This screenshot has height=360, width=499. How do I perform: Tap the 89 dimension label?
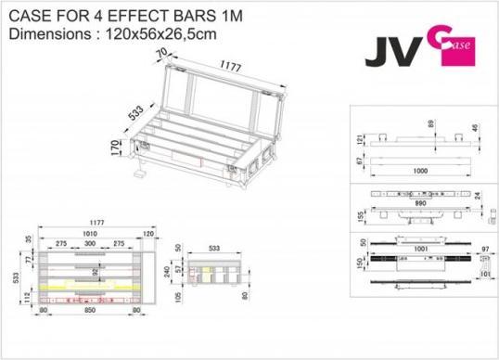tap(432, 122)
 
